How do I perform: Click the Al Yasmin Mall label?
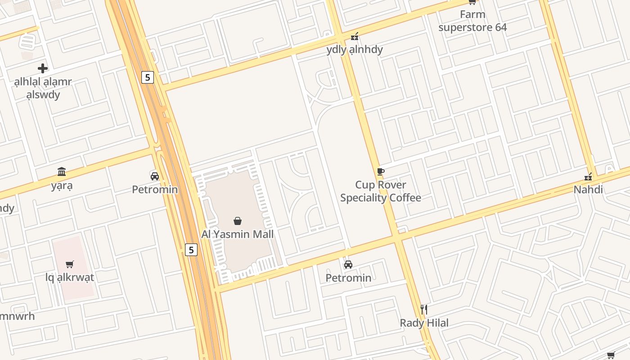[x=237, y=234]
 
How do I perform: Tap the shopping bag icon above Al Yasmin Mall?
[x=238, y=221]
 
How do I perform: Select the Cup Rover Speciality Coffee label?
[x=381, y=191]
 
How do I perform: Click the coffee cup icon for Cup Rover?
[x=380, y=171]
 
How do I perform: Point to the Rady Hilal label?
[x=424, y=323]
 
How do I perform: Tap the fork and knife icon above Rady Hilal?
[x=423, y=309]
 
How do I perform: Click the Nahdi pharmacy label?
[x=588, y=189]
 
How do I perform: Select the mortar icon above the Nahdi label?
[x=588, y=176]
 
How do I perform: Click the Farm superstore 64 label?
[x=472, y=21]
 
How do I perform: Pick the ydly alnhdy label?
[x=355, y=49]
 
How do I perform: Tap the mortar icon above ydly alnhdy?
[x=355, y=36]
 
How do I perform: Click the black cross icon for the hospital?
[x=43, y=68]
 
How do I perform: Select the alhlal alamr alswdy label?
[x=43, y=88]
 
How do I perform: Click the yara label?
[x=62, y=185]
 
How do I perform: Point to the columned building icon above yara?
[x=62, y=171]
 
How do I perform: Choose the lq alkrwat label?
[x=70, y=277]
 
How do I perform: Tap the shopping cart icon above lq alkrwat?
[x=69, y=264]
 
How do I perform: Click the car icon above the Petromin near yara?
[x=155, y=176]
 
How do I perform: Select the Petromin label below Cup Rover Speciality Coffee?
[x=348, y=278]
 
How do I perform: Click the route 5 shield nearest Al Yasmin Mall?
[x=191, y=250]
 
